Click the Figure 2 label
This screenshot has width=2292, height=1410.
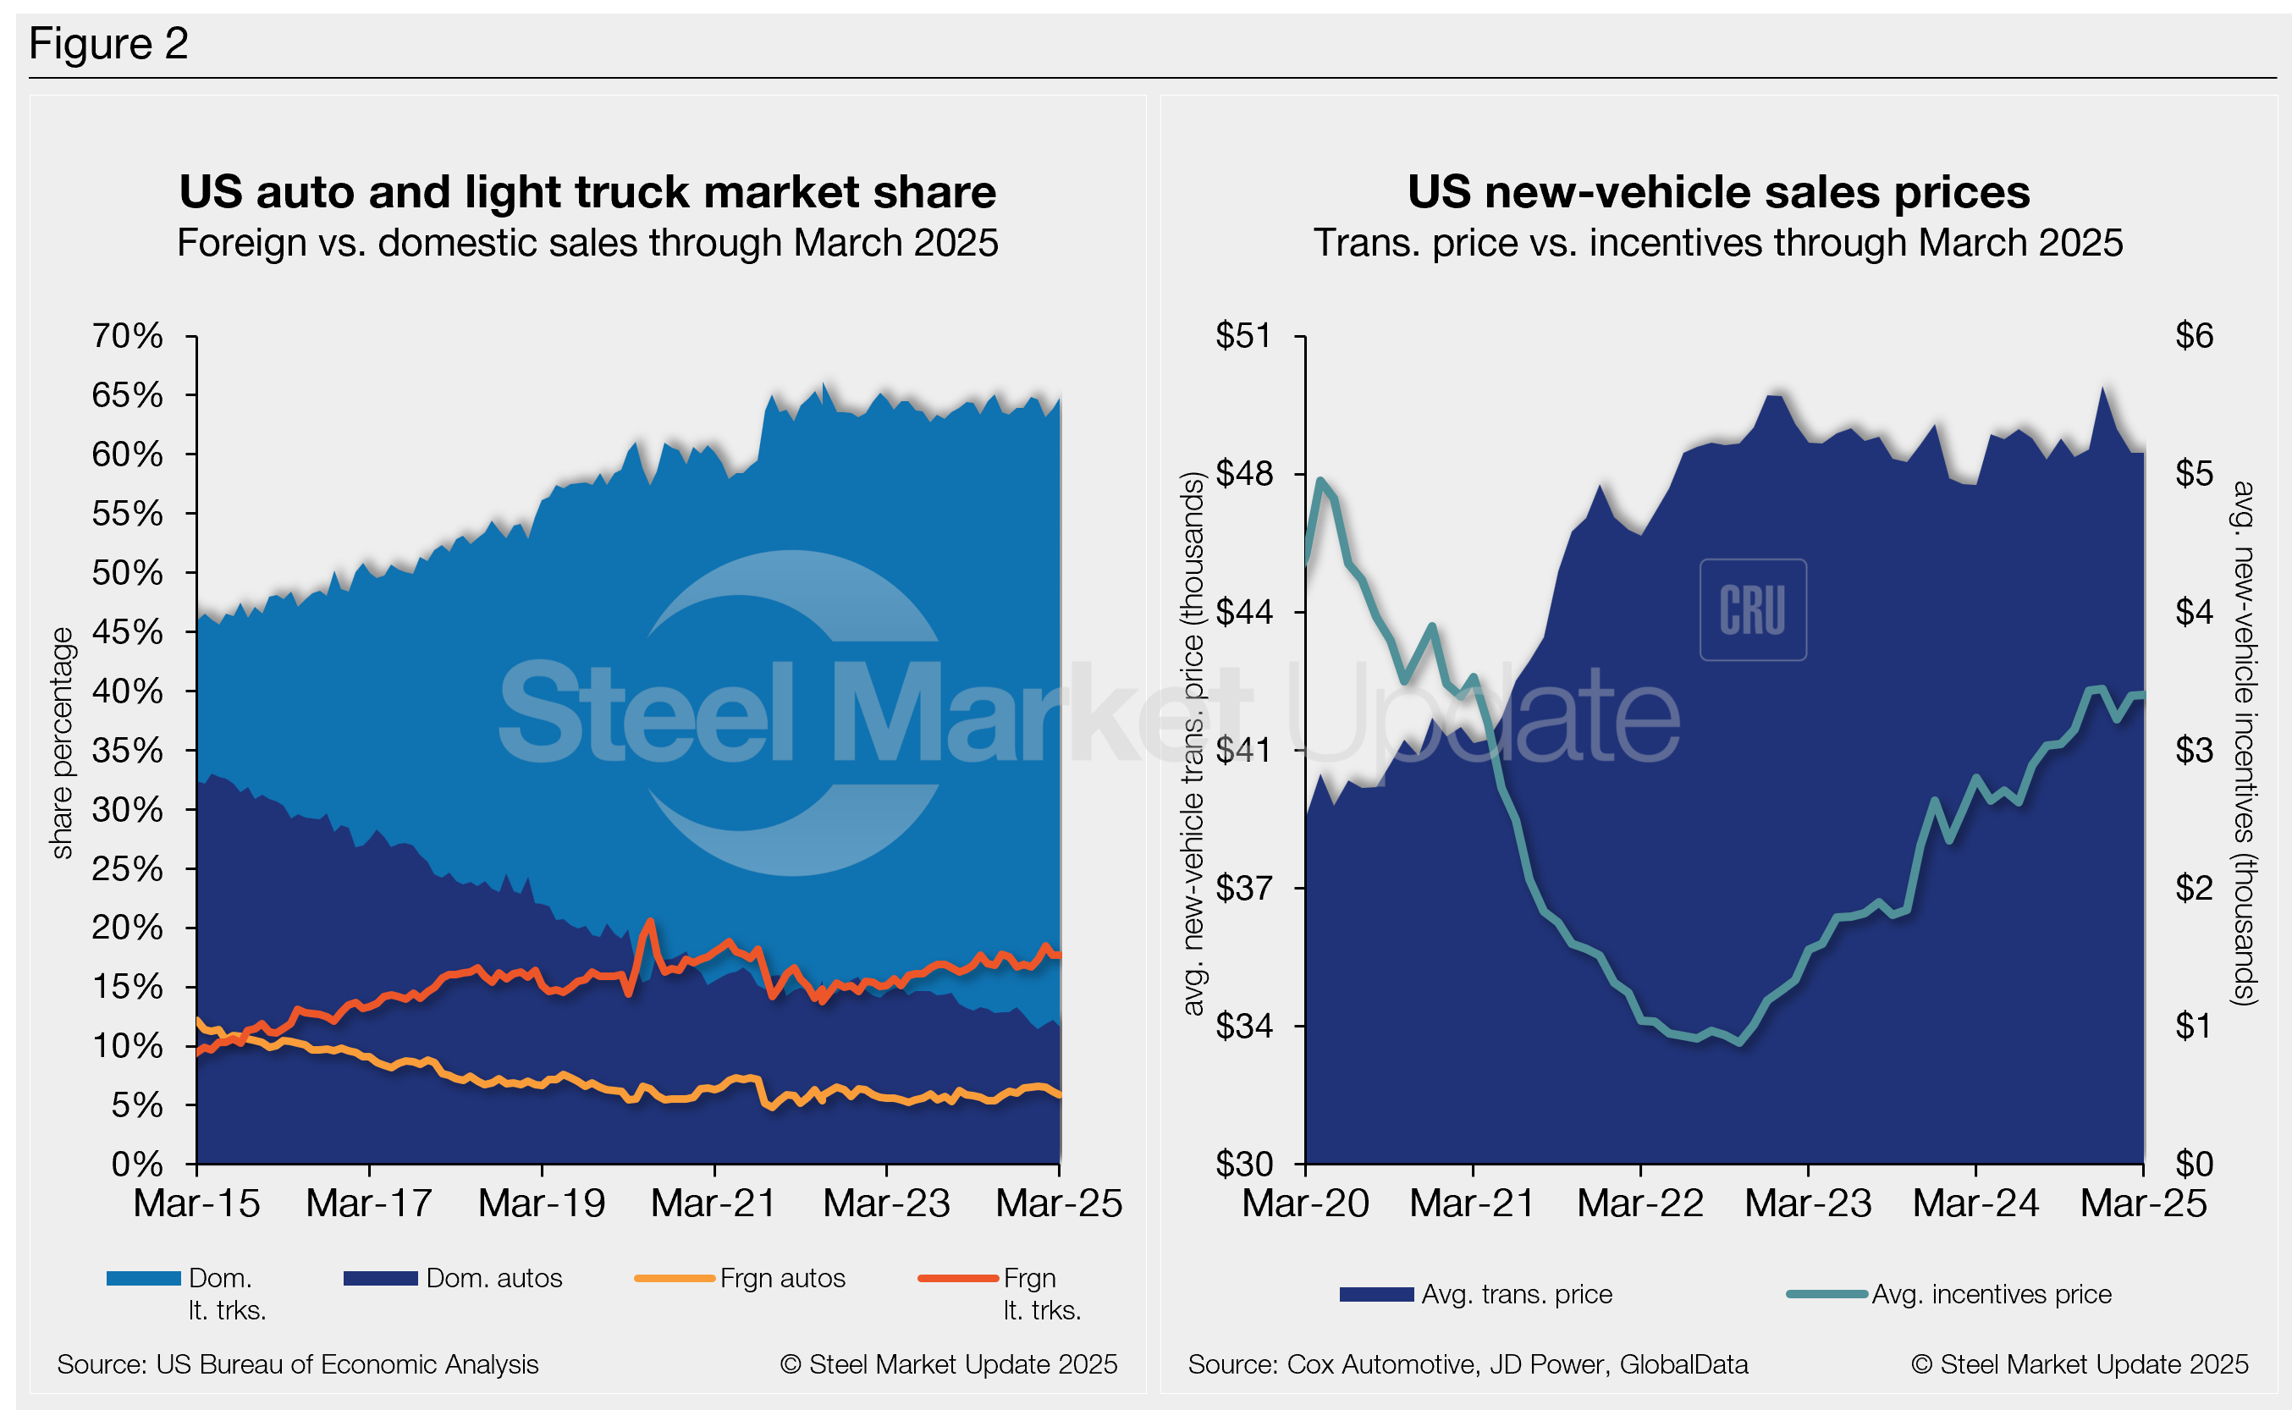tap(108, 44)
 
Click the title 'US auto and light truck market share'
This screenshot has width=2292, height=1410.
tap(587, 192)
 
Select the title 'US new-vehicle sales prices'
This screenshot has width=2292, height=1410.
tap(1717, 192)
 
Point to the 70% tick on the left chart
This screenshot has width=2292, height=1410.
tap(127, 336)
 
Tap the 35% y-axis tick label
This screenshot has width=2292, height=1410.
tap(127, 751)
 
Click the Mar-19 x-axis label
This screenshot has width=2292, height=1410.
tap(542, 1203)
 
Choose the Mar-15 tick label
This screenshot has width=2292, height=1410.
tap(196, 1203)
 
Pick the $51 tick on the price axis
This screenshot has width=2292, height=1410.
tap(1243, 336)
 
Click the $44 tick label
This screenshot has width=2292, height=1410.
tap(1243, 613)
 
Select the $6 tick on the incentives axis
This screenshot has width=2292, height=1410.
tap(2193, 336)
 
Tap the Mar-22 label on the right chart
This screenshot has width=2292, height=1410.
tap(1640, 1203)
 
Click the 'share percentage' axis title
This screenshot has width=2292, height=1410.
tap(62, 742)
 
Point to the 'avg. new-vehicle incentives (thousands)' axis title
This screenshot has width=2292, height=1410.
tap(2244, 742)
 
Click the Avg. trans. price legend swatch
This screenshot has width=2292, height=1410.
tap(1376, 1294)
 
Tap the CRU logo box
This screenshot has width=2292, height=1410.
tap(1753, 610)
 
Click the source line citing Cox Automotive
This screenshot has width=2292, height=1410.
tap(1467, 1364)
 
